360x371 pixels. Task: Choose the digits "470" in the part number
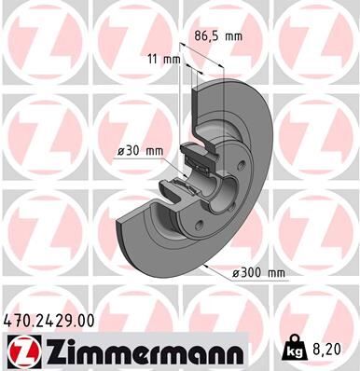(x=18, y=320)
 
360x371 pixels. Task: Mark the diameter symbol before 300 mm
(x=237, y=272)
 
